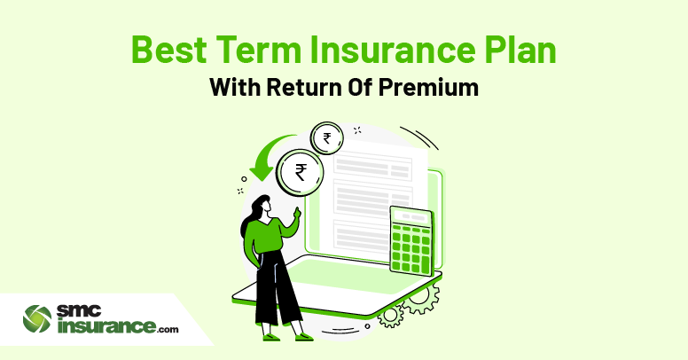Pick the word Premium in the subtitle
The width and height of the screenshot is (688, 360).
pyautogui.click(x=428, y=87)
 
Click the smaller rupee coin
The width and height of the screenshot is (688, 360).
pyautogui.click(x=327, y=138)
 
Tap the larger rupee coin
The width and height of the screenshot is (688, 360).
pyautogui.click(x=301, y=172)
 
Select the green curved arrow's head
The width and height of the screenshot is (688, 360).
pyautogui.click(x=262, y=173)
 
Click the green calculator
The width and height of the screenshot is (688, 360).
pyautogui.click(x=411, y=240)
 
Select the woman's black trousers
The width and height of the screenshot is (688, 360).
pyautogui.click(x=277, y=289)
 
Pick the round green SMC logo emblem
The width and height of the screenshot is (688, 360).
pyautogui.click(x=37, y=318)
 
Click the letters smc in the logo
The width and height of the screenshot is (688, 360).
pyautogui.click(x=79, y=312)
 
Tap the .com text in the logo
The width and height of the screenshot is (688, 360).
pyautogui.click(x=168, y=329)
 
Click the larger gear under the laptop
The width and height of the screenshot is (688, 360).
pyautogui.click(x=420, y=299)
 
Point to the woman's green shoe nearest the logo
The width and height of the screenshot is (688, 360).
pyautogui.click(x=270, y=337)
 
